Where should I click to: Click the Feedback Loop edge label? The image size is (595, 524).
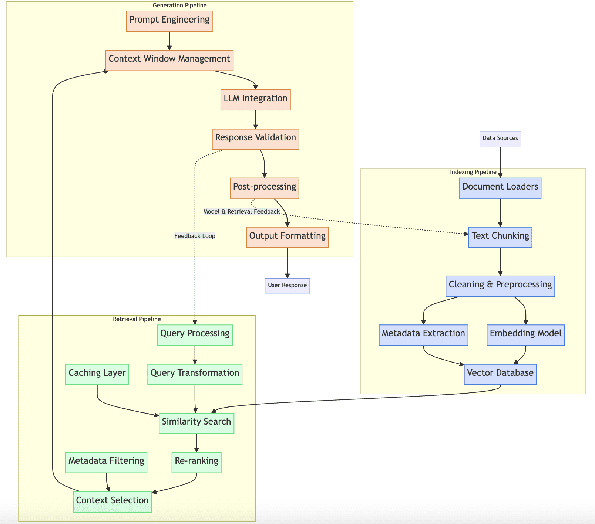click(x=195, y=236)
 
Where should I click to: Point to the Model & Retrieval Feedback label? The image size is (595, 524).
click(x=241, y=211)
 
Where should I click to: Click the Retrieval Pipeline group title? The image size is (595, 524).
click(x=137, y=319)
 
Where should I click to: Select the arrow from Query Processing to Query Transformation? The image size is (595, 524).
click(x=195, y=355)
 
